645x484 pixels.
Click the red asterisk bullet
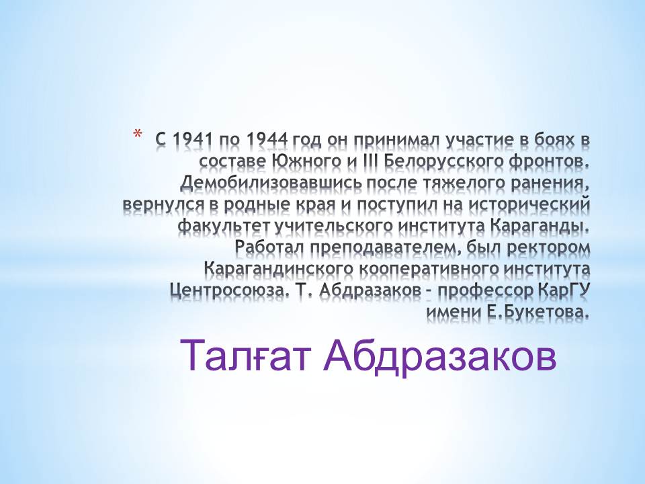[x=137, y=134]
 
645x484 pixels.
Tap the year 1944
[x=267, y=140]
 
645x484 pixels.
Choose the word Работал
[x=270, y=248]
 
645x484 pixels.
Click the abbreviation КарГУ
[x=564, y=291]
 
